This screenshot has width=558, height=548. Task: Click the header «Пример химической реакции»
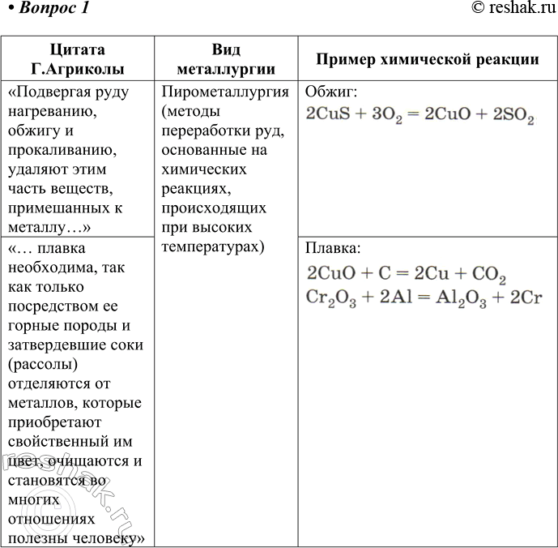pos(427,59)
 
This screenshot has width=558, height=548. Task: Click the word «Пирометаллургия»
pos(225,91)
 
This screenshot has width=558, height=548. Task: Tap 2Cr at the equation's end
pos(525,297)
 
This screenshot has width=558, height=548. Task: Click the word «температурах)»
pos(214,246)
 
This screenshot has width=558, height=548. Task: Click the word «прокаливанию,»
pos(58,150)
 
